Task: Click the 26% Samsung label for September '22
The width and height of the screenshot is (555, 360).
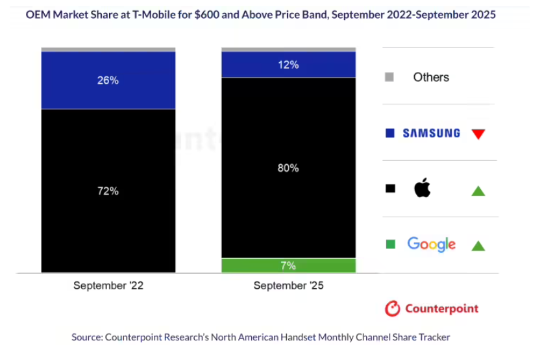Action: (108, 80)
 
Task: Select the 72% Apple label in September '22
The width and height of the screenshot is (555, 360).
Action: (108, 191)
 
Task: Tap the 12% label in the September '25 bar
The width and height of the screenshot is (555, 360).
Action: (289, 65)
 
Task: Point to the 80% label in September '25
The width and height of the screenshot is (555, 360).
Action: (289, 168)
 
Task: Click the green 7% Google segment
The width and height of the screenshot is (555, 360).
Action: (289, 265)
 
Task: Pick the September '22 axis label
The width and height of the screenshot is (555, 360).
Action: (108, 285)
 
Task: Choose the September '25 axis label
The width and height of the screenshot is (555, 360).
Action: (289, 285)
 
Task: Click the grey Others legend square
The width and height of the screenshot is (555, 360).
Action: (389, 77)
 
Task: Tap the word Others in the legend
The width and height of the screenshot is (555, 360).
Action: (431, 77)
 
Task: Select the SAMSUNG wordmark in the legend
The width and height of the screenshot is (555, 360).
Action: (431, 133)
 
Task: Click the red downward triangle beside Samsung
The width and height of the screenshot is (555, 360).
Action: (478, 134)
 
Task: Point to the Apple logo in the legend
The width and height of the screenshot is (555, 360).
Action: (423, 189)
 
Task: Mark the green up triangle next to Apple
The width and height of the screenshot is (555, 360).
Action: (478, 191)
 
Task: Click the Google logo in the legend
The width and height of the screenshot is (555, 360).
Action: (431, 245)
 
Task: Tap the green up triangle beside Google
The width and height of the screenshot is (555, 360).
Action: (478, 246)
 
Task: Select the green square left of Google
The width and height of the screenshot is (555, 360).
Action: (390, 245)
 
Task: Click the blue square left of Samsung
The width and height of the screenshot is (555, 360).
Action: (390, 133)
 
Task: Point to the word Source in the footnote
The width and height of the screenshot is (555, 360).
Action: (87, 337)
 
